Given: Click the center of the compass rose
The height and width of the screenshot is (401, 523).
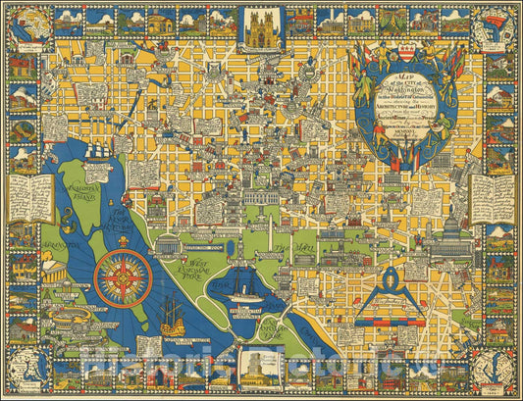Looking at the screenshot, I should [x=124, y=277].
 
